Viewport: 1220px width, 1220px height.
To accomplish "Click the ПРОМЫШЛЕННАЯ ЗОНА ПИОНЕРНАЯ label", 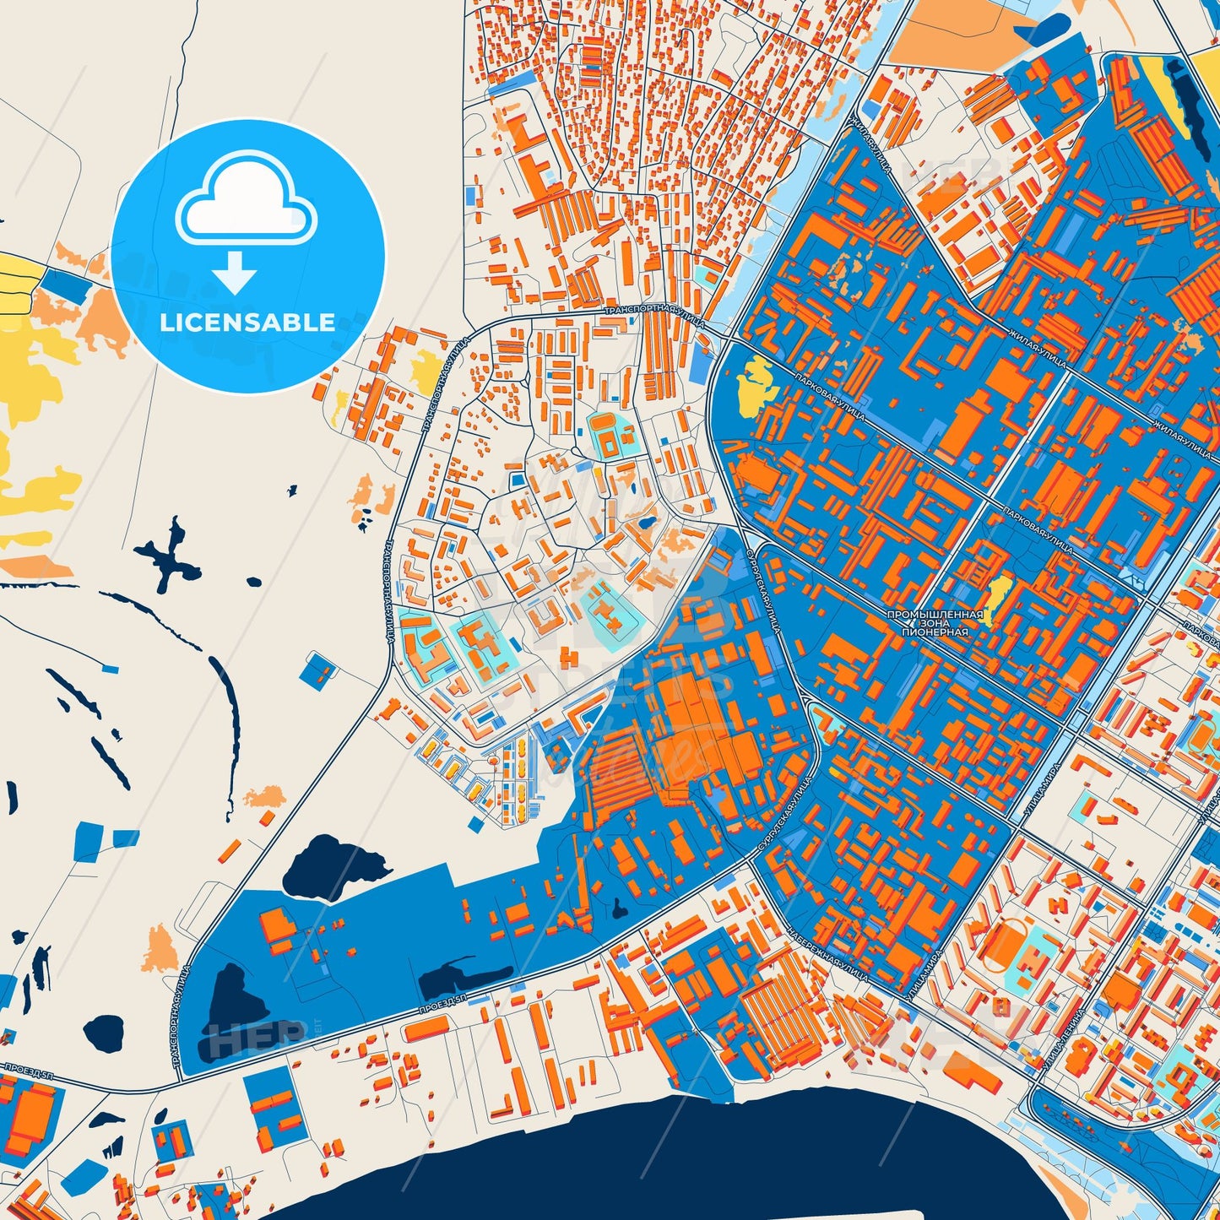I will pos(935,623).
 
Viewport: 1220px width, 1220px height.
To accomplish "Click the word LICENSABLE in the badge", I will pos(247,323).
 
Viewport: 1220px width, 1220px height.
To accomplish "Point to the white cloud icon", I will pos(246,198).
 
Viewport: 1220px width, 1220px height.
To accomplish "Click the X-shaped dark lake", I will pos(169,555).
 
